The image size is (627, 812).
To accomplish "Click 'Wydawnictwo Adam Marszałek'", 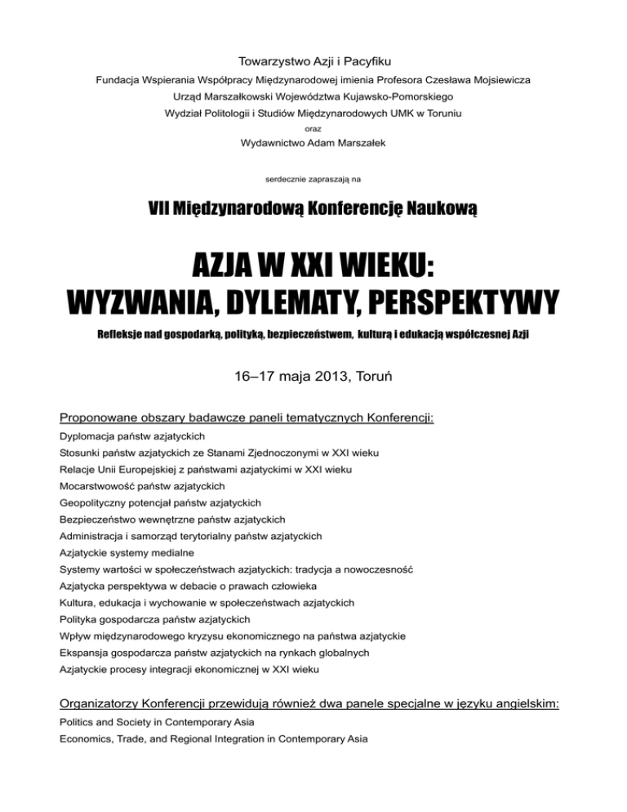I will (313, 145).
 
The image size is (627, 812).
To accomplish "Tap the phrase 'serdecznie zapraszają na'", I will (313, 177).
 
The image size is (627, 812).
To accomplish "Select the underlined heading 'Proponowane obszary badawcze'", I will (152, 418).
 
